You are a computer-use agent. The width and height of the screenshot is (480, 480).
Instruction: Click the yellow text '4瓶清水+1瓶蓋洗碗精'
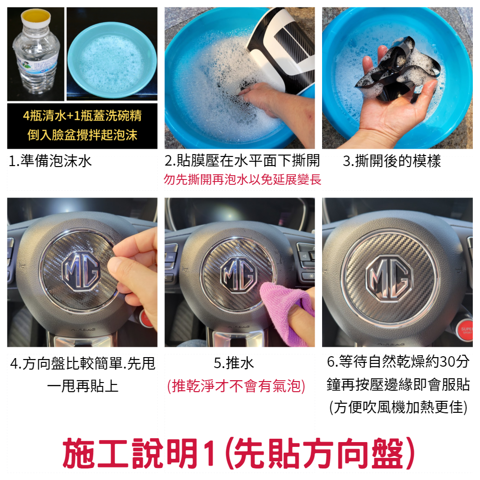coord(83,116)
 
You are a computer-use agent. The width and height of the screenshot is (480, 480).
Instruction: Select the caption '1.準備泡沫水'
coord(50,161)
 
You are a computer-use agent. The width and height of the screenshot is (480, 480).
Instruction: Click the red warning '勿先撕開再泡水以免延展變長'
coord(242,180)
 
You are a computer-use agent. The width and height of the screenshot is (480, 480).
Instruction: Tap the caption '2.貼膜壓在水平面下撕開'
coord(242,161)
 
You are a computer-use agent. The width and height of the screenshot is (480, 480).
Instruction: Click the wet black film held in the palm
coord(398,69)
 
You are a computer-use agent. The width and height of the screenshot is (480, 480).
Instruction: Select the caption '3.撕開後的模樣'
coord(392,161)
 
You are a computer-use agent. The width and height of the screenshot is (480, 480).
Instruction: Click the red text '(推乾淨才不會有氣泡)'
coord(236,386)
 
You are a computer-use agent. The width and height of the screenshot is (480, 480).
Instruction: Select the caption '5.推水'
coord(234,363)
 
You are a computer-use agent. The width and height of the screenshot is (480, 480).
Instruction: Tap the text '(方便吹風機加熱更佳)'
coord(398,407)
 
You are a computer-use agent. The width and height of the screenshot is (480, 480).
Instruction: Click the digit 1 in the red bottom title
coord(209,454)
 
